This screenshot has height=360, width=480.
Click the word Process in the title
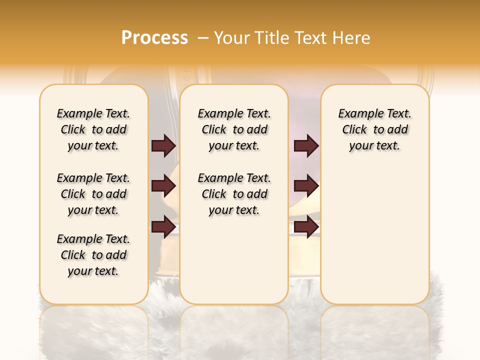point(154,37)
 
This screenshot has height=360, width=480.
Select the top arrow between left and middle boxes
point(163,146)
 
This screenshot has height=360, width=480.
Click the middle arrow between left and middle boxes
point(163,186)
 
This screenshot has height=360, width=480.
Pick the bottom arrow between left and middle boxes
point(163,227)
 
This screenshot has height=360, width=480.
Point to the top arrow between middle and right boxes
point(306,146)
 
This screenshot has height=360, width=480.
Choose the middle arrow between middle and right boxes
point(306,186)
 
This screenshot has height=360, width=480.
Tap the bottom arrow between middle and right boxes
point(306,227)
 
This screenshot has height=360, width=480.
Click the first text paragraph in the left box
point(93,129)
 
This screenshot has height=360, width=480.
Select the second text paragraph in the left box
point(93,194)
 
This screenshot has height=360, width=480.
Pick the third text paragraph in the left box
point(93,255)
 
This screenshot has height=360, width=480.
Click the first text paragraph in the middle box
point(234,129)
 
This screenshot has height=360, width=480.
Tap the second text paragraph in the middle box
point(234,194)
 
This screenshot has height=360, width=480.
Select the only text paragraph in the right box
point(374,129)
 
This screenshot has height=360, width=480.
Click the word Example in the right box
point(358,114)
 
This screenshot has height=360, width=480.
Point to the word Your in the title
point(232,37)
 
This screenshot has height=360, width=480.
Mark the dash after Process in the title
point(202,38)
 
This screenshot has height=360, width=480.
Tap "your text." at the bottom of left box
point(93,271)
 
